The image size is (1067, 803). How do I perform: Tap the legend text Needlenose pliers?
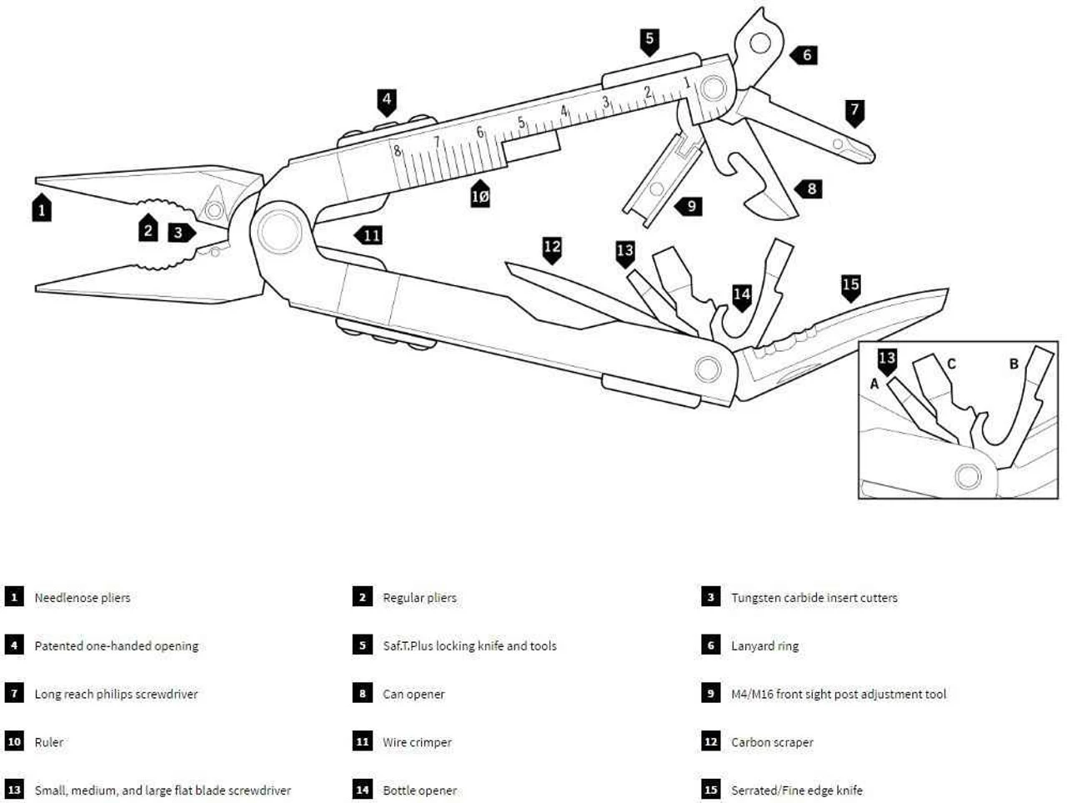[82, 598]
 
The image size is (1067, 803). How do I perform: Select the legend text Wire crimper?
[417, 742]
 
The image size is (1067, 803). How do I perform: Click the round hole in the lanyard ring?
[759, 42]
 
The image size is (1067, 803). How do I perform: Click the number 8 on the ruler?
[398, 152]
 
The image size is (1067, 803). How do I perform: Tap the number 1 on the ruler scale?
[687, 83]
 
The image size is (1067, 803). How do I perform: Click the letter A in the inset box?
[874, 384]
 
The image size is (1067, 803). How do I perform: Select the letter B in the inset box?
[1014, 364]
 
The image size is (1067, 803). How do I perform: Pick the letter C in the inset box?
[951, 364]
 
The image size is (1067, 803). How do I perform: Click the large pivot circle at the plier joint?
[278, 231]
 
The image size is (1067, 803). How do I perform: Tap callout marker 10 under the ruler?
[480, 195]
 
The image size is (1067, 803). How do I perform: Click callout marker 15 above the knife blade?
[850, 286]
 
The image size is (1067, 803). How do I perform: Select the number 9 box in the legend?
[711, 694]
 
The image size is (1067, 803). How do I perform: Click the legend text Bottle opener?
[419, 790]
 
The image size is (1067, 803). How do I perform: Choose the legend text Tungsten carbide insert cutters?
[814, 598]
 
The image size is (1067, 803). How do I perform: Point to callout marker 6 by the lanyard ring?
[805, 55]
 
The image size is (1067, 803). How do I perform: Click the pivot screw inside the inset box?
[968, 476]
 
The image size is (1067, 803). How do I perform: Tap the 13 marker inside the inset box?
[887, 359]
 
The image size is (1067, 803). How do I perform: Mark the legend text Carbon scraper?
[772, 742]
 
